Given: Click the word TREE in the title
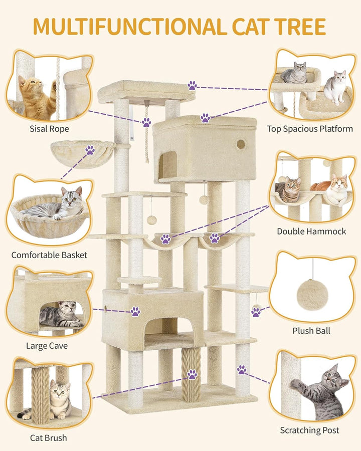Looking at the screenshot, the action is [x=300, y=27].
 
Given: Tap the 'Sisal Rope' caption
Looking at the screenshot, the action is [x=49, y=129].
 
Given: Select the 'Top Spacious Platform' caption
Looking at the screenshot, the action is [x=310, y=129].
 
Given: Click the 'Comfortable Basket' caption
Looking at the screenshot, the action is [x=49, y=255].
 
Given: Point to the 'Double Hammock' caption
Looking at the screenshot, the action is [x=311, y=231].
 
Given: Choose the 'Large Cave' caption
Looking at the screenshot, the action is [x=47, y=345].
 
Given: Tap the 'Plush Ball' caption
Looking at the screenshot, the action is [x=311, y=331].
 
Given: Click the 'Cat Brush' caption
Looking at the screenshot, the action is [x=48, y=437].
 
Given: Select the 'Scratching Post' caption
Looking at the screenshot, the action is [x=309, y=430].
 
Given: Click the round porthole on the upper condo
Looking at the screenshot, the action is [x=241, y=144].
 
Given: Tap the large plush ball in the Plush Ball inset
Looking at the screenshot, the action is [x=312, y=295].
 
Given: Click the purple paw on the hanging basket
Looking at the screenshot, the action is [x=90, y=150].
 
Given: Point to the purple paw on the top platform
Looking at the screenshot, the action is [x=193, y=85].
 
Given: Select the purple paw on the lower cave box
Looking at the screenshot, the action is [x=135, y=311].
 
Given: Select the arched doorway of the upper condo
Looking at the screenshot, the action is [x=168, y=165].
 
